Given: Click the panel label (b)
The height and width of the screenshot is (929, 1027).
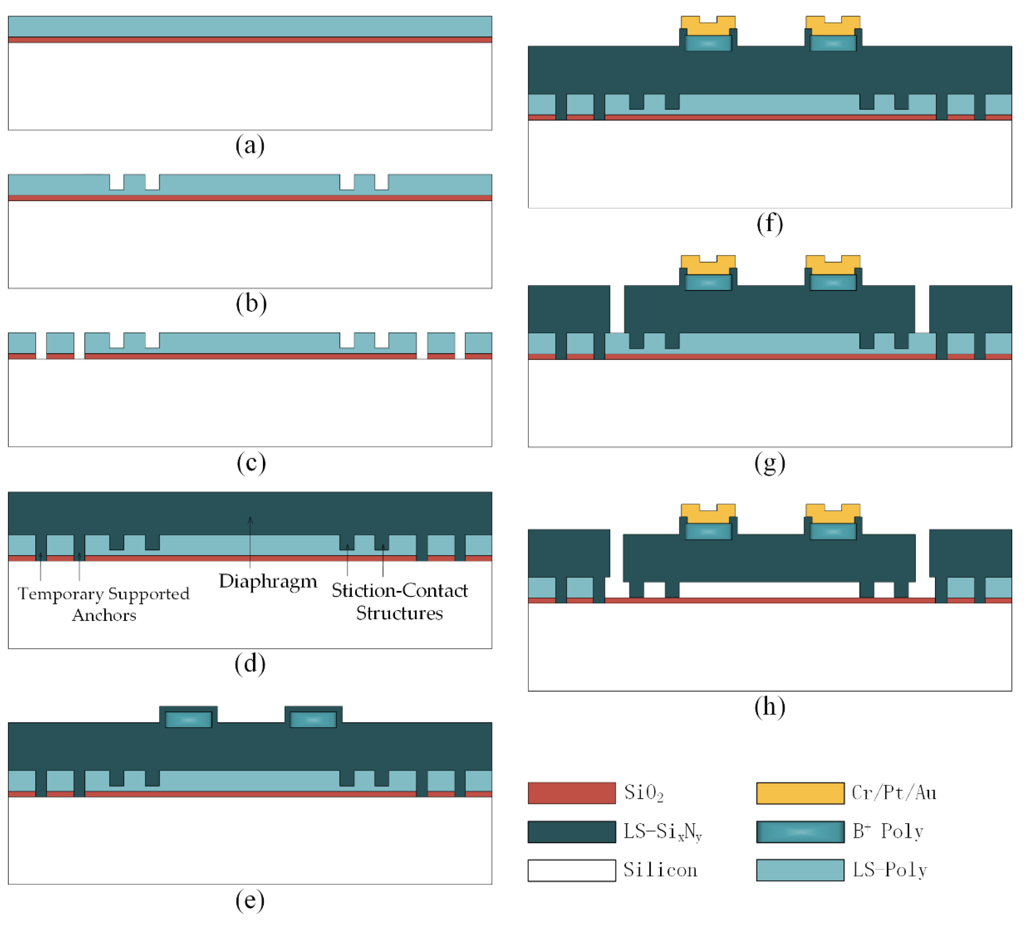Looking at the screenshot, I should coord(251,304).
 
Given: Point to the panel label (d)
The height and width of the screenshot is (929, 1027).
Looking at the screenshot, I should coord(250,663).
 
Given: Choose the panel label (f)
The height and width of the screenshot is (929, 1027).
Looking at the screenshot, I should coord(769,223).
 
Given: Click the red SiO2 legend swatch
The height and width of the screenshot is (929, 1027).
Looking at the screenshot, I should coord(571,793).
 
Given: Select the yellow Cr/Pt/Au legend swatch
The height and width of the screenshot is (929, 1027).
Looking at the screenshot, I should coord(800,793).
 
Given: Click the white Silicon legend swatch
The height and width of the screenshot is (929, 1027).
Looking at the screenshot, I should coord(571,870).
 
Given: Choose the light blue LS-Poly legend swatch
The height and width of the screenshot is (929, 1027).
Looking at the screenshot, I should coord(800,870).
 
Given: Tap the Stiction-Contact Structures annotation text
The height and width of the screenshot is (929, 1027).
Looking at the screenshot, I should coord(399,602).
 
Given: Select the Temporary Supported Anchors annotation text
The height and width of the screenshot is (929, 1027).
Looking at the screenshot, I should coord(104,604).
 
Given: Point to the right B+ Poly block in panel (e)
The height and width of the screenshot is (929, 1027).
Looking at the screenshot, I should coord(313,719).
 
